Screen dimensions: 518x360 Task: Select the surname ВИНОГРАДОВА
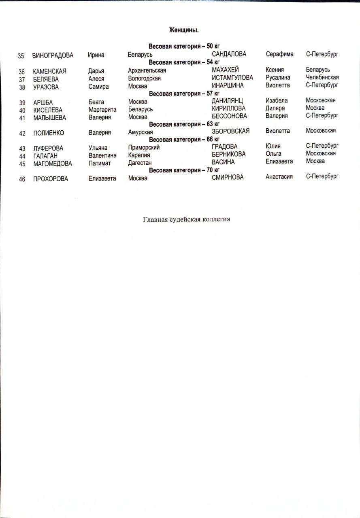pyautogui.click(x=53, y=55)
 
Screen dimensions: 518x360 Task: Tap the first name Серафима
pyautogui.click(x=279, y=54)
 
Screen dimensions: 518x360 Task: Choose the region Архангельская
pyautogui.click(x=147, y=71)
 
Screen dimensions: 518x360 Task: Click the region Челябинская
pyautogui.click(x=322, y=77)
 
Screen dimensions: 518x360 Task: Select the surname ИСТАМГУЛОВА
pyautogui.click(x=232, y=78)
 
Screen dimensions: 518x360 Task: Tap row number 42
pyautogui.click(x=22, y=134)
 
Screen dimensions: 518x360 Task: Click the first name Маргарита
pyautogui.click(x=102, y=110)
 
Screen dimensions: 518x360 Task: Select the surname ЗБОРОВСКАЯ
pyautogui.click(x=230, y=131)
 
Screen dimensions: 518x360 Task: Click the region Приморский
pyautogui.click(x=144, y=148)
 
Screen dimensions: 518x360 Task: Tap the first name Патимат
pyautogui.click(x=100, y=163)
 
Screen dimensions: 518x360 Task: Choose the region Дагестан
pyautogui.click(x=140, y=163)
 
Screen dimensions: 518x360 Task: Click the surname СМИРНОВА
pyautogui.click(x=228, y=177)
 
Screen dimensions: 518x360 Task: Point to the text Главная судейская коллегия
pyautogui.click(x=186, y=220)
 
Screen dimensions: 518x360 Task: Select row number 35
pyautogui.click(x=21, y=56)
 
